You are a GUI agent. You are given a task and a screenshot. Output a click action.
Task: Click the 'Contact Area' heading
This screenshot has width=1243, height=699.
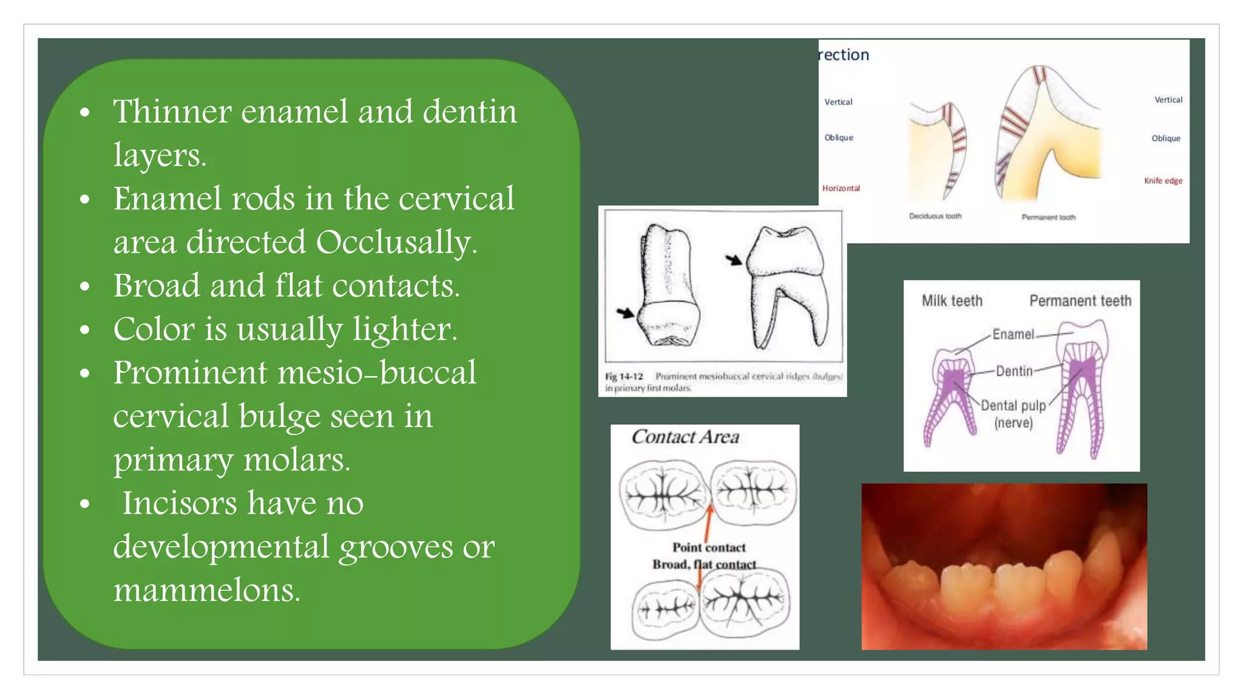click(685, 437)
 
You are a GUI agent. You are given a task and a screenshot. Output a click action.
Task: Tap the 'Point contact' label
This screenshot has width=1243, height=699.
click(709, 547)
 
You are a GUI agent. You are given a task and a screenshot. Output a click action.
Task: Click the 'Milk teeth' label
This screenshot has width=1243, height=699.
click(952, 301)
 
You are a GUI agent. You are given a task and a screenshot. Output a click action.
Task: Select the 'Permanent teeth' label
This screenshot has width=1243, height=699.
click(1080, 301)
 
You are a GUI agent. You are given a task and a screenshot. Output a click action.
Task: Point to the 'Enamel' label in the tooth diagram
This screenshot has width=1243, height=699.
click(1012, 334)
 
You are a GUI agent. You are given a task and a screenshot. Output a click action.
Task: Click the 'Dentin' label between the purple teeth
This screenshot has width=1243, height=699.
click(1014, 371)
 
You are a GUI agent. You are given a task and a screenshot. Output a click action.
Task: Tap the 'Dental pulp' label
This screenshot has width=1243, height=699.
click(1013, 405)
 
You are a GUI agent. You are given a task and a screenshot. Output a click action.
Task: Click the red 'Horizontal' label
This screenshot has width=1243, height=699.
click(841, 188)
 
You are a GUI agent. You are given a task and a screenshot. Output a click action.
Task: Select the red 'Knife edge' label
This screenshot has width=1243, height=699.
click(1163, 181)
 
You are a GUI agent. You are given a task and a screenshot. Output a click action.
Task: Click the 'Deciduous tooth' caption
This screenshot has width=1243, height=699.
click(935, 216)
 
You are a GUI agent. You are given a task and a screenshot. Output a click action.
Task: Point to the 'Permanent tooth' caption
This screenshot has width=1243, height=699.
click(1048, 217)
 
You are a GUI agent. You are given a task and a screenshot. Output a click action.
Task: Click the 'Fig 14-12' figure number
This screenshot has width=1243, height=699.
click(623, 377)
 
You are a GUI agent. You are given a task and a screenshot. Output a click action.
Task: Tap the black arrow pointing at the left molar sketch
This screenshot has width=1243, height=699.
click(625, 313)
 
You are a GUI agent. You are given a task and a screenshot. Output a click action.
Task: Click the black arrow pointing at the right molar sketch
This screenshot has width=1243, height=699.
click(734, 260)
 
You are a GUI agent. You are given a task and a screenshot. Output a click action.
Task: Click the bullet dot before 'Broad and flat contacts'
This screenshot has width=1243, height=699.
click(85, 286)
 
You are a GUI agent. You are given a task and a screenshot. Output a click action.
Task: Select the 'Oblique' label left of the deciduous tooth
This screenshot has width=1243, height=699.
click(839, 138)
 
